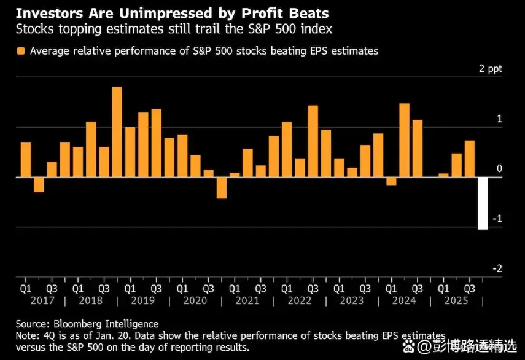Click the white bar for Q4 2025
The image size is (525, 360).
[x=483, y=203]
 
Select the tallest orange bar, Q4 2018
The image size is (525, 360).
[x=117, y=132]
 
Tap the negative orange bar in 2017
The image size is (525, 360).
[x=39, y=184]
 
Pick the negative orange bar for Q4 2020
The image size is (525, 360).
[x=221, y=187]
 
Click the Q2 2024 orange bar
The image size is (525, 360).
[x=404, y=140]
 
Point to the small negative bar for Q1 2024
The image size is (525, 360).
[x=391, y=181]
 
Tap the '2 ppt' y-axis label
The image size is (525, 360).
[x=490, y=69]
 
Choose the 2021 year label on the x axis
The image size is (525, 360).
[x=247, y=300]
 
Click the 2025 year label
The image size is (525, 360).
[x=456, y=300]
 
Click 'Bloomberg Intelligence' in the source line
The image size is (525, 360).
[x=106, y=324]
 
